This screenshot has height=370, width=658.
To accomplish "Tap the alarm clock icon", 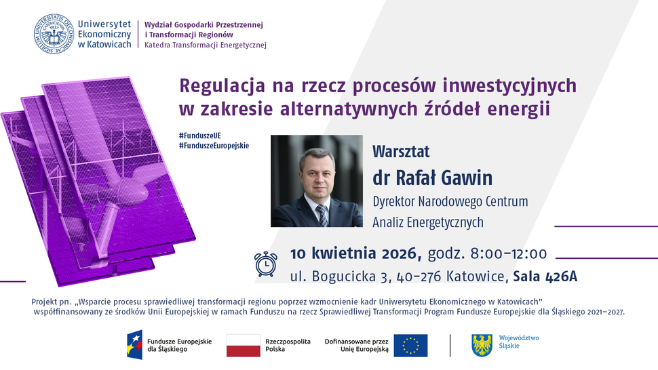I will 265,264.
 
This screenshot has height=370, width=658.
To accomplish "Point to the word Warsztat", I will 401,151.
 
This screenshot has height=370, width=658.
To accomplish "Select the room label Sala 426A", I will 545,276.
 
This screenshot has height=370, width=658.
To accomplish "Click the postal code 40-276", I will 413,276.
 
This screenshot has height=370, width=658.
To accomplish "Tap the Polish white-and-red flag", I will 244,345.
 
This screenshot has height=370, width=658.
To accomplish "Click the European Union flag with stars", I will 410,345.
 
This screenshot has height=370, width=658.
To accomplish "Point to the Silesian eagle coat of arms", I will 482,345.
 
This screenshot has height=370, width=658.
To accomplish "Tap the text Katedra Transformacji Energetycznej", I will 206,45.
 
